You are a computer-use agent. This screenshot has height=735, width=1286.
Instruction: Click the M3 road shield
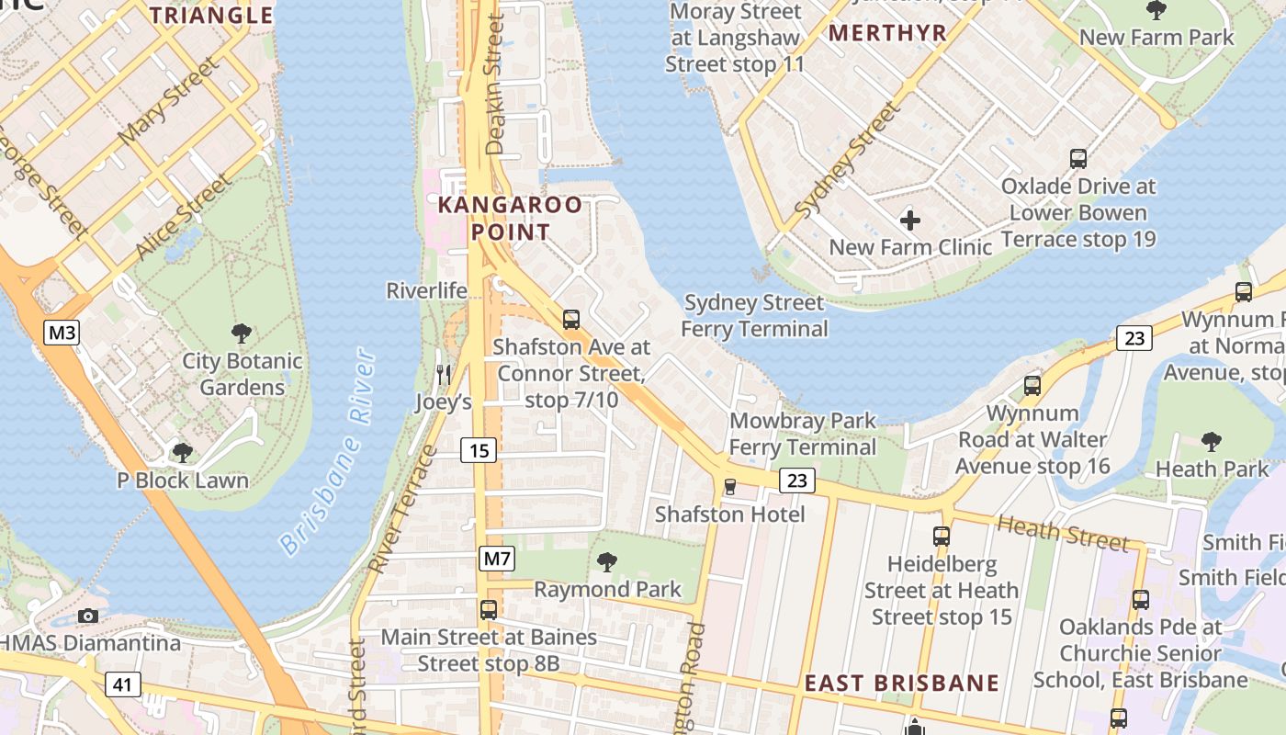[x=62, y=333]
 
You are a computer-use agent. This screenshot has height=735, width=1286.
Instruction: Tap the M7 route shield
[x=496, y=558]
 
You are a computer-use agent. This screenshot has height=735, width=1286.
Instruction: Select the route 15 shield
[x=479, y=450]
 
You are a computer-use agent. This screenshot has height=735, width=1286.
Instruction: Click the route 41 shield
[x=122, y=684]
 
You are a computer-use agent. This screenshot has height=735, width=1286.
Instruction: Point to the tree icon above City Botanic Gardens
[x=242, y=334]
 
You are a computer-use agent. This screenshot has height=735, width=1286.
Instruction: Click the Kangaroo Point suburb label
[x=510, y=218]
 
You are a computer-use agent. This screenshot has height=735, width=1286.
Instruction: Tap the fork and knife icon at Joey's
[x=444, y=375]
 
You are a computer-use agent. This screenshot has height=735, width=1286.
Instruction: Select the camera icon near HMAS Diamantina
[x=88, y=616]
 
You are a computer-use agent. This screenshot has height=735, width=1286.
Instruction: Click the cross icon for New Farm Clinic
[x=910, y=220]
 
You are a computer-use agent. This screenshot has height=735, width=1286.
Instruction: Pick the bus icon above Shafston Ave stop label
[x=571, y=320]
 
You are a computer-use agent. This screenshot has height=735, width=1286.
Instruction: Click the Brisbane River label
[x=328, y=451]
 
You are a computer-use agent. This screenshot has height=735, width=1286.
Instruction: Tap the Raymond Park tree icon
[x=606, y=561]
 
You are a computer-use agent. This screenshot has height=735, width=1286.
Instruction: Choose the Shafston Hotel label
[x=729, y=514]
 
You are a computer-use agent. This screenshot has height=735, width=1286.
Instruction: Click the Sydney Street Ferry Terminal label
[x=755, y=315]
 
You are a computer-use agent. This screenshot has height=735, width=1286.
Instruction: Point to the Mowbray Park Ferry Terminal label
[x=803, y=434]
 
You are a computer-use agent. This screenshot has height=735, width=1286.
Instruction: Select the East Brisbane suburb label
[x=901, y=684]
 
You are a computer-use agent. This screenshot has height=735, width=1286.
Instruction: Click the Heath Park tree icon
[x=1212, y=442]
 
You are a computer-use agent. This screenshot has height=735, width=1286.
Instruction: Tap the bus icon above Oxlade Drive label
[x=1078, y=158]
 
